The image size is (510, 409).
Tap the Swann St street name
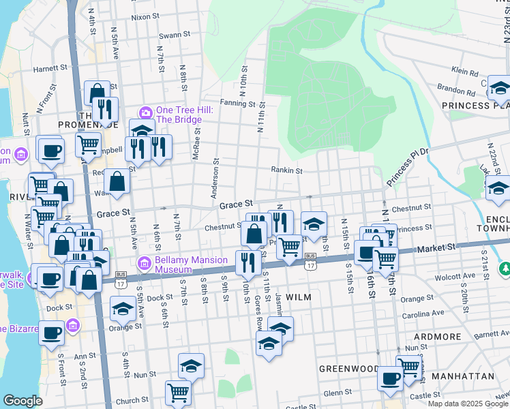pyautogui.click(x=171, y=35)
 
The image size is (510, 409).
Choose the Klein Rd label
pyautogui.click(x=464, y=70)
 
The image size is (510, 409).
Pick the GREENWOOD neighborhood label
pyautogui.click(x=348, y=369)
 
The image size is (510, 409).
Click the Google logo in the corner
pyautogui.click(x=22, y=400)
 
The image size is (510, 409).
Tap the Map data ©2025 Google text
pyautogui.click(x=468, y=404)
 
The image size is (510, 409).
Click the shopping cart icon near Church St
pyautogui.click(x=177, y=392)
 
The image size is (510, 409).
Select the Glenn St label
pyautogui.click(x=338, y=393)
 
